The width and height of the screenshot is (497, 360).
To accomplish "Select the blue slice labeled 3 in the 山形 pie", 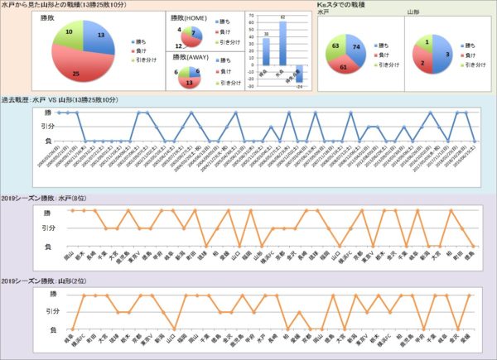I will point(443,55).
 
